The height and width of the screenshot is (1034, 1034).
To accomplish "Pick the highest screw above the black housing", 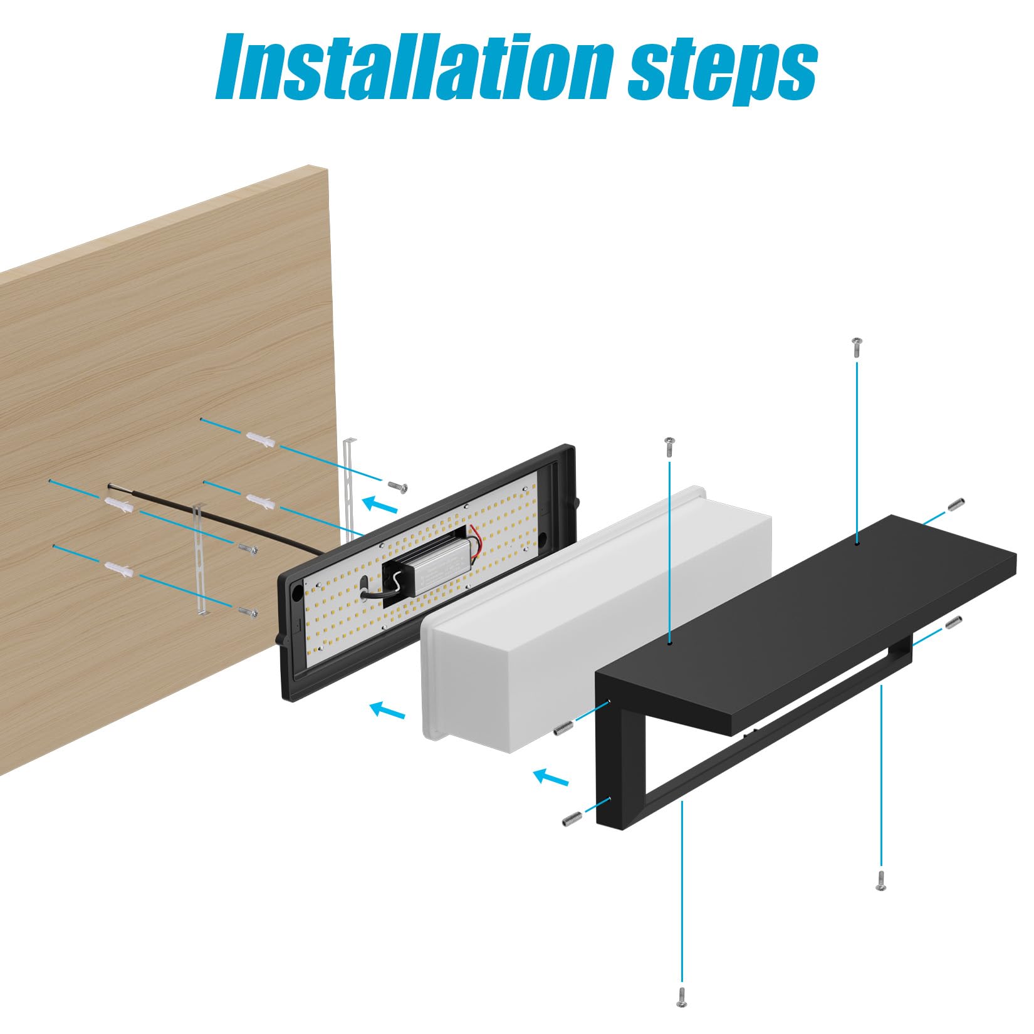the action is [856, 346].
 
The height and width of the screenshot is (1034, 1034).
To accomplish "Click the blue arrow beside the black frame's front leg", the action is [551, 778].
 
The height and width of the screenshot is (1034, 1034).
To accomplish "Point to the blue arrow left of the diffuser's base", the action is [387, 710].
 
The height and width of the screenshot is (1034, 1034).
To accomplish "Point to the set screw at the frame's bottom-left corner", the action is [572, 817].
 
